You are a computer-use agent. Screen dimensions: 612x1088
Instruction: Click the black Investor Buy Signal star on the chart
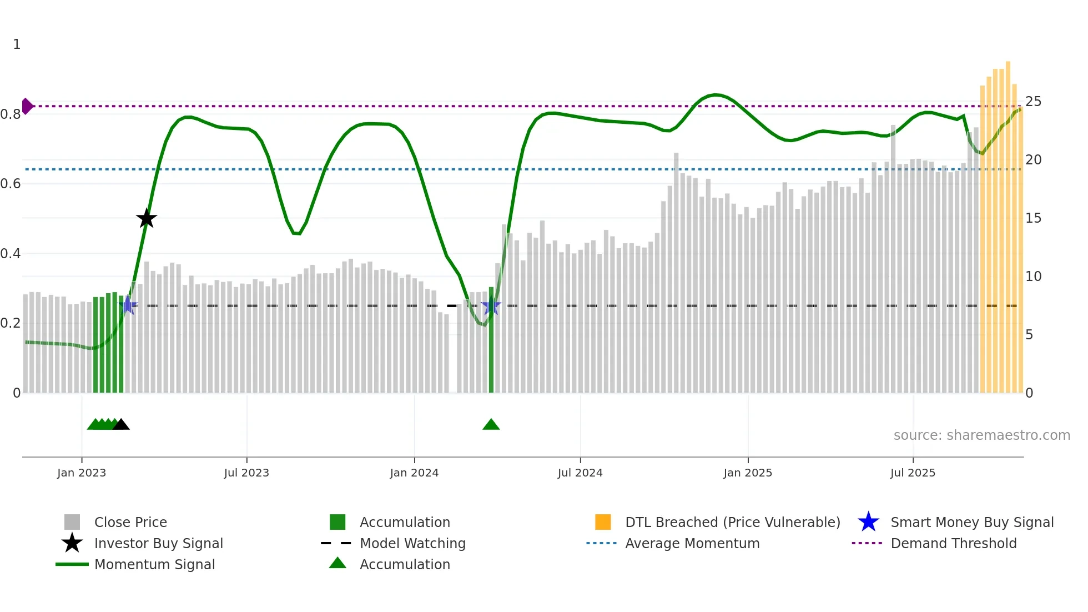coord(147,219)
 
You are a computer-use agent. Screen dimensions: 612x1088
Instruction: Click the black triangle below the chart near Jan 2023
coord(121,424)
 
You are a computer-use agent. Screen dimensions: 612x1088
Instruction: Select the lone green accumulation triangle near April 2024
coord(491,424)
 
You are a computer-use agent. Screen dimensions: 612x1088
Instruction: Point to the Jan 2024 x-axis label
coord(414,473)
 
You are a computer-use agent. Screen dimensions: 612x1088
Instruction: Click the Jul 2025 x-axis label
coord(913,473)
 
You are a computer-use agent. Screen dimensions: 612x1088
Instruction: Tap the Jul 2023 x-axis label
coord(246,473)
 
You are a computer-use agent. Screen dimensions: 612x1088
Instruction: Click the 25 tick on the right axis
coord(1033,102)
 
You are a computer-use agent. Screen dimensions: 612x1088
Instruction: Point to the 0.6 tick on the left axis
coord(11,184)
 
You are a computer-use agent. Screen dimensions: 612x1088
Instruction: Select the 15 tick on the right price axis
coord(1033,218)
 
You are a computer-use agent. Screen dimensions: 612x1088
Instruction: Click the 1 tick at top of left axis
coord(17,44)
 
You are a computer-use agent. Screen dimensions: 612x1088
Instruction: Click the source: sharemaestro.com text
coord(981,435)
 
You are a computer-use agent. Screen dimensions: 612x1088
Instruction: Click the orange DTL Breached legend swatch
coord(603,522)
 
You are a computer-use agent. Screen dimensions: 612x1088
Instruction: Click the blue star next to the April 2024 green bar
coord(491,306)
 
